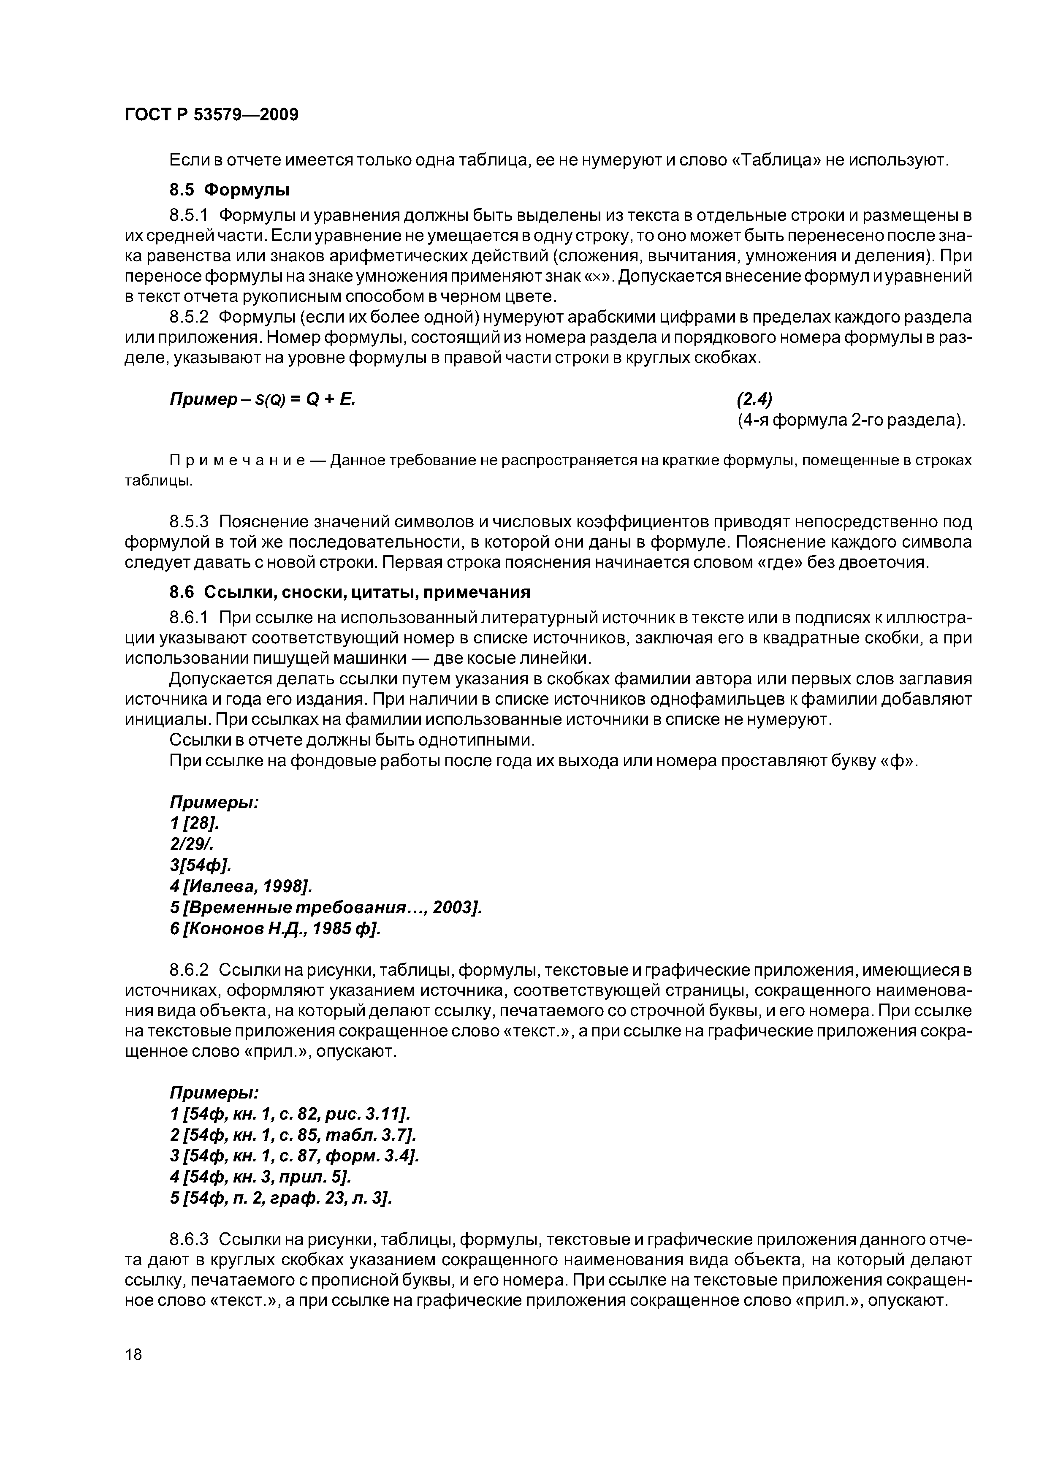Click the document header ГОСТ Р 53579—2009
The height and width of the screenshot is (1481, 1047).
(211, 115)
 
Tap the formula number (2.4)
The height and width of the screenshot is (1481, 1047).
(754, 399)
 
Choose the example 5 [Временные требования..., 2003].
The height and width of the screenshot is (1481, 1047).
(326, 907)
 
